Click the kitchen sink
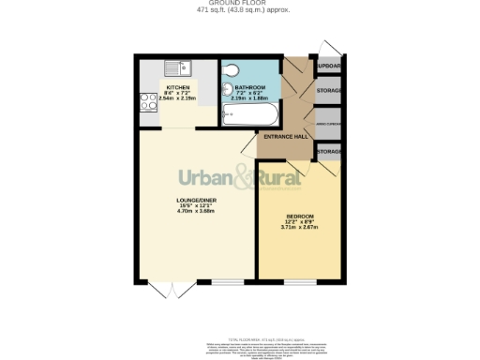(175, 67)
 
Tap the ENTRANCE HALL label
(285, 137)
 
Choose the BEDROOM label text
(299, 217)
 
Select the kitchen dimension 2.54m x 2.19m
(178, 97)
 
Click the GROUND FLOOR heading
(240, 4)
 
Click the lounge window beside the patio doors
(225, 282)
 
